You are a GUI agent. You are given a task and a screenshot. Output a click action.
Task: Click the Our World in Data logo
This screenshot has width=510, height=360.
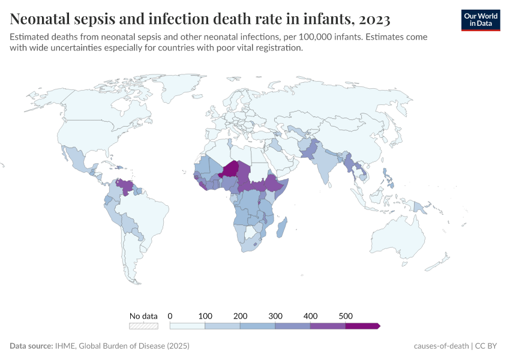(x=481, y=19)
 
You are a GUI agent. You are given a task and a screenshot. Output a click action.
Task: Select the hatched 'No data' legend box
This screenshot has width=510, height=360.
(x=143, y=326)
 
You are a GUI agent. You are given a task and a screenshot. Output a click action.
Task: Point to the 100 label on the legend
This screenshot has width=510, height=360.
(x=205, y=316)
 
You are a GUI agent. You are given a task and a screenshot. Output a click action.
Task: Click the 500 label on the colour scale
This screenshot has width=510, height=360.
(x=346, y=316)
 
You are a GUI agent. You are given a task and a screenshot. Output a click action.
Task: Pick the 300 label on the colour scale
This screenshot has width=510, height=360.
(x=275, y=316)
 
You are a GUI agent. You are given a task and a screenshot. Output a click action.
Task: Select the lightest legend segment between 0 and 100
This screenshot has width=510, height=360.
(x=188, y=326)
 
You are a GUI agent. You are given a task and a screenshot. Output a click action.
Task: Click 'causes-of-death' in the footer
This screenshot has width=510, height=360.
(x=441, y=346)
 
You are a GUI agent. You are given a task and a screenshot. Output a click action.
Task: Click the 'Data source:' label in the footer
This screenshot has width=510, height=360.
(x=31, y=346)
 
